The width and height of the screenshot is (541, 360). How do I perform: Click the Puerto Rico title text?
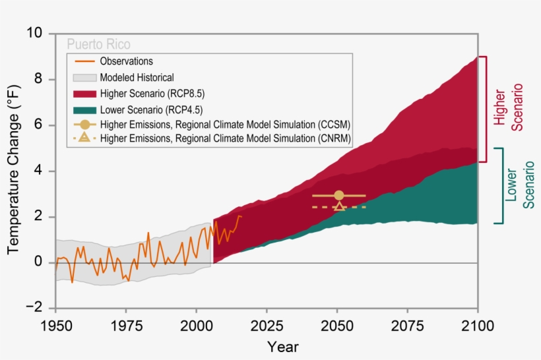coord(98,45)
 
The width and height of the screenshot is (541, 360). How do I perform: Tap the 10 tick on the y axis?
coord(38,33)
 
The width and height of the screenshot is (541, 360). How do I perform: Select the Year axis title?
coord(282,347)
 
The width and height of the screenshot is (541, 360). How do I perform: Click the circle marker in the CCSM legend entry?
coord(83,124)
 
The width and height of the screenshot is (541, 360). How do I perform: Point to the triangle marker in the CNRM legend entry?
coord(83,138)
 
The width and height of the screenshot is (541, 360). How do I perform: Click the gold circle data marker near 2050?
coord(339,195)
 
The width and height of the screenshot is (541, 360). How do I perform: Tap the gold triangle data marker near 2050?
coord(339,206)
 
